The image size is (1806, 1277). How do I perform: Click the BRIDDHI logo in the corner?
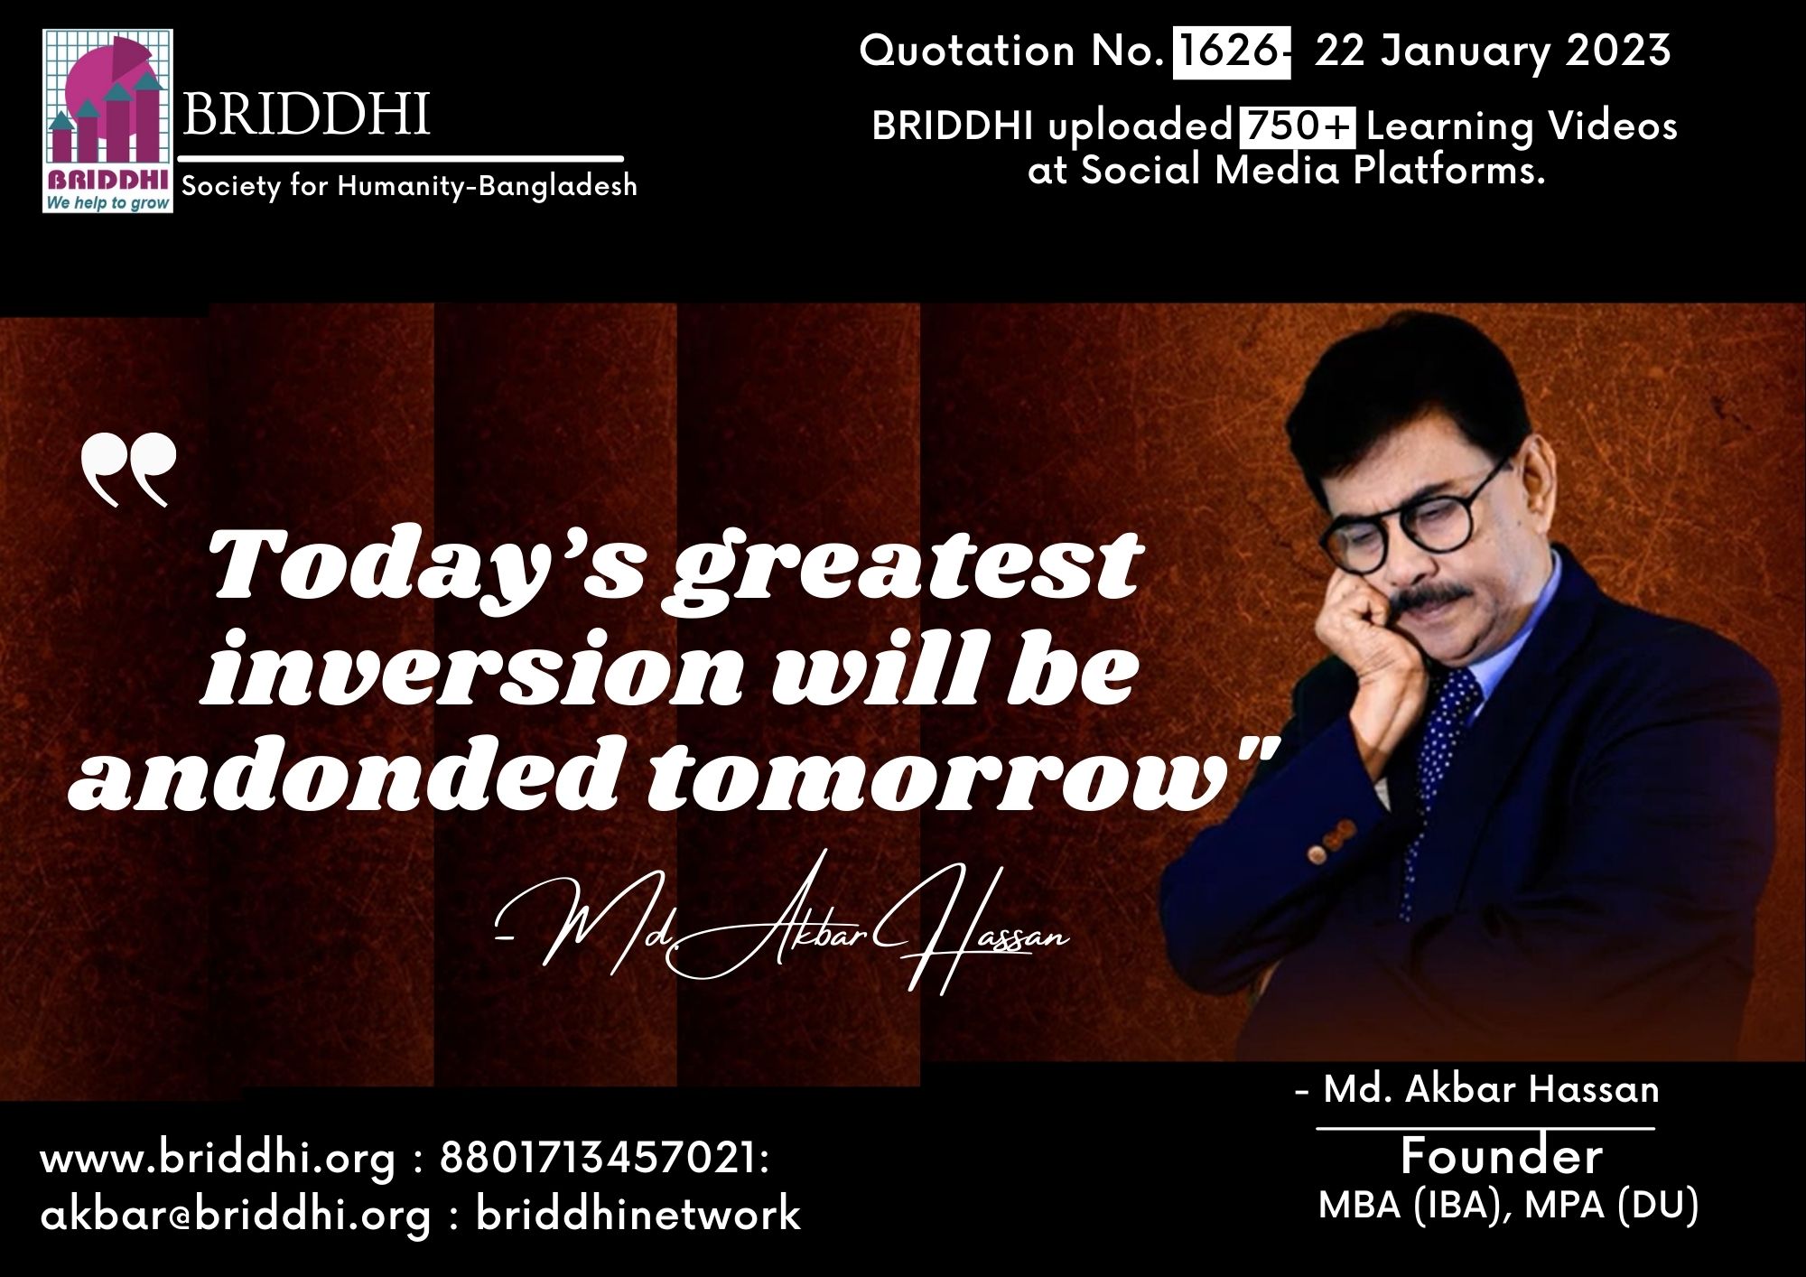107,121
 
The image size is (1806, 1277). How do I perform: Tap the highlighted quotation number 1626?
1226,51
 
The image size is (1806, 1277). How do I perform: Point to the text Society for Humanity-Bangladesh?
410,187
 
